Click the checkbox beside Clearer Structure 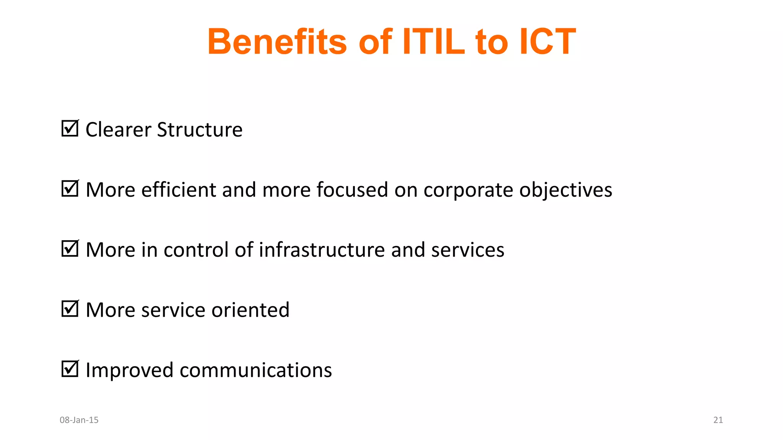click(70, 129)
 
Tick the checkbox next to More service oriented click(70, 309)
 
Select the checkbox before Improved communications click(70, 369)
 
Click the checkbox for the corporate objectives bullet click(70, 189)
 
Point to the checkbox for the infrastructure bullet click(70, 249)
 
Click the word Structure click(200, 130)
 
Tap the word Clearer click(118, 130)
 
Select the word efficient click(179, 190)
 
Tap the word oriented click(250, 310)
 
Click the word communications click(255, 370)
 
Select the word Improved click(129, 370)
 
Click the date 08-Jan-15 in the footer click(79, 420)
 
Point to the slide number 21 click(718, 420)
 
